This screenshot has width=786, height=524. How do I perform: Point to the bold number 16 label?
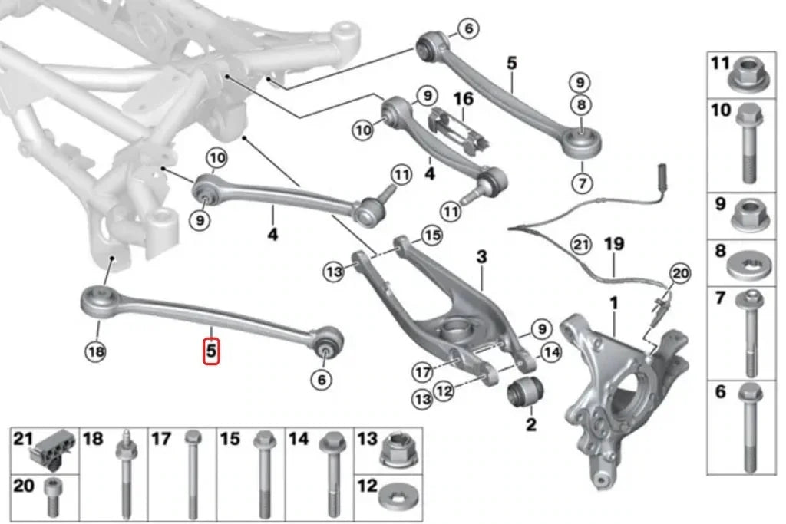click(463, 100)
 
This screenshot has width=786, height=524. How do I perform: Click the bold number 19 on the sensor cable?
click(614, 244)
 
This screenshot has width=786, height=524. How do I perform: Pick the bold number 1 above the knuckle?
click(613, 305)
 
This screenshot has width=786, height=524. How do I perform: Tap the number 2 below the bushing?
click(531, 423)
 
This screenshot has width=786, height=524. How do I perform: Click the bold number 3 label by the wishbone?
click(482, 257)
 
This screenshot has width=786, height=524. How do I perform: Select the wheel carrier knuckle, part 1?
click(614, 384)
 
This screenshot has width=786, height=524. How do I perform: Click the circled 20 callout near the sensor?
click(680, 273)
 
